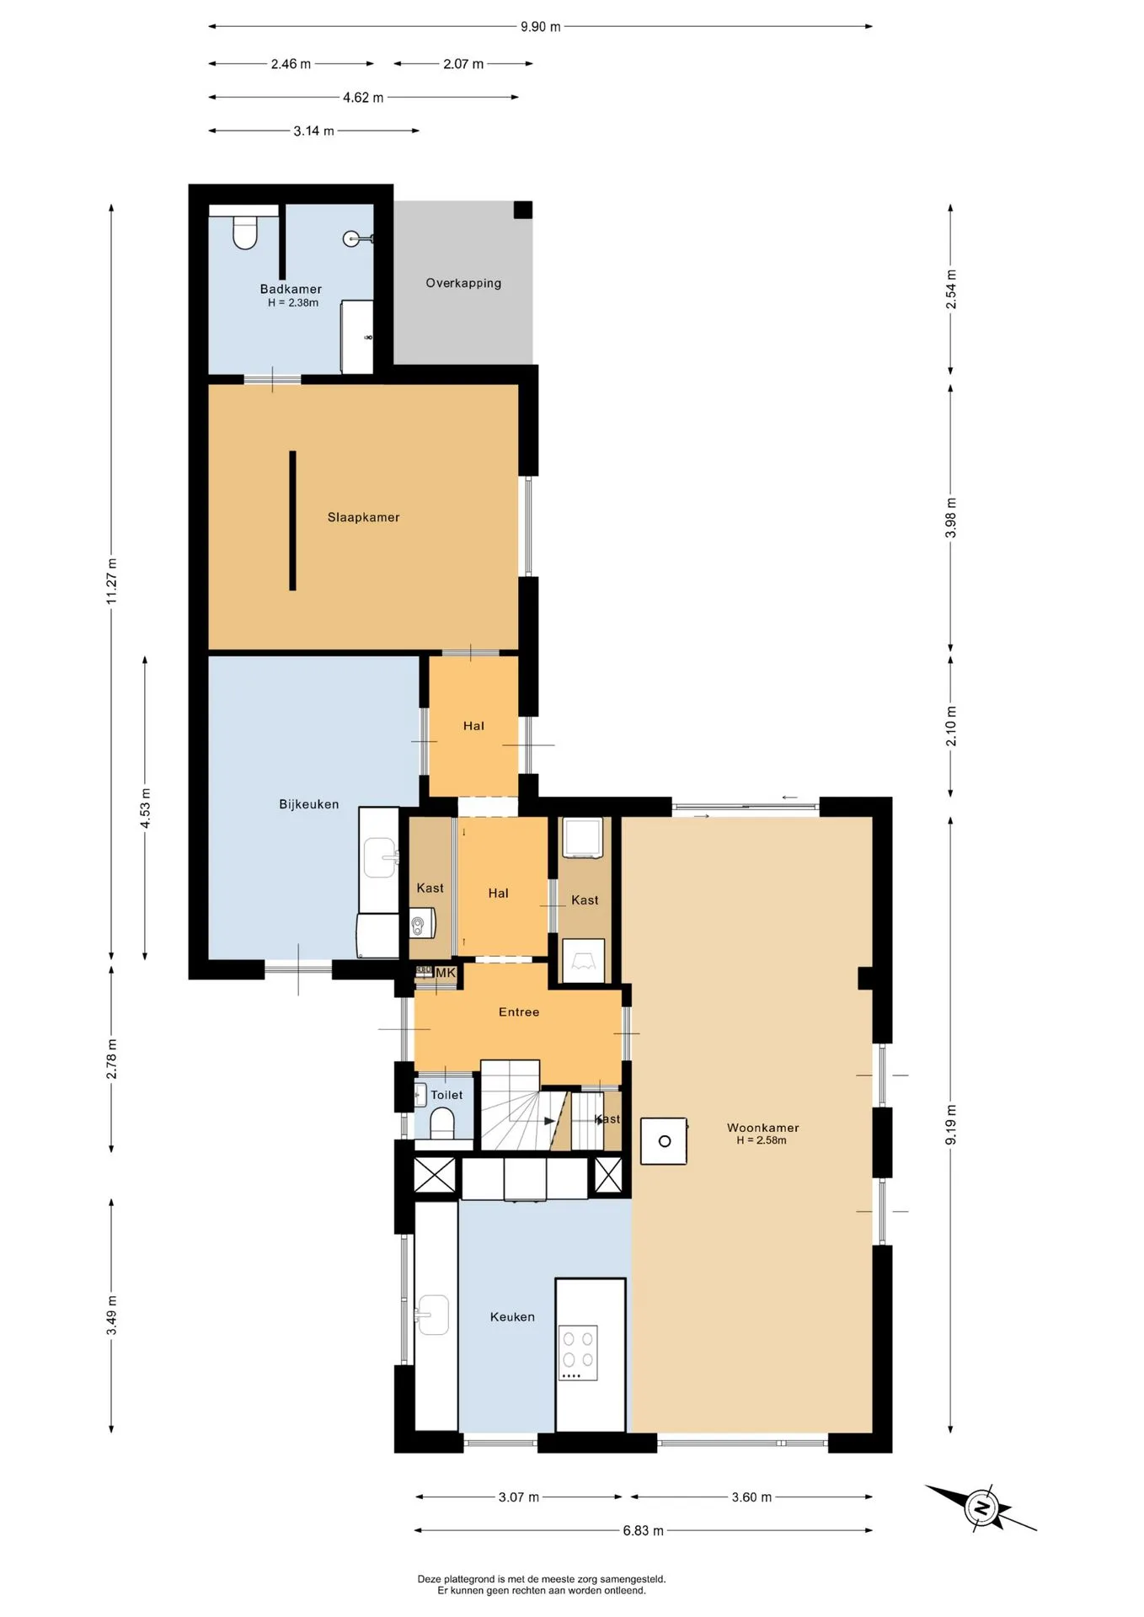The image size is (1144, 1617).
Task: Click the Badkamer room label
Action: click(291, 289)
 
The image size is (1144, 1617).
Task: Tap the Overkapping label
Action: click(463, 283)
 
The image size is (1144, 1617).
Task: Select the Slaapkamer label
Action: click(363, 517)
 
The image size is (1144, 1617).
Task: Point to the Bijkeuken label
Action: click(309, 804)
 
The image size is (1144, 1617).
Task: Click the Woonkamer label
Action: click(763, 1128)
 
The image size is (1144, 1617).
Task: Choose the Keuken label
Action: click(512, 1316)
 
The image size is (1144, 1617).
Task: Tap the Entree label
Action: click(519, 1011)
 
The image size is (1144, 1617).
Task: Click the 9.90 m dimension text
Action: click(540, 27)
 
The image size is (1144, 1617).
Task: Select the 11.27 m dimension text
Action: click(111, 581)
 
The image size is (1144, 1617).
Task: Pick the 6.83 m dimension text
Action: click(644, 1530)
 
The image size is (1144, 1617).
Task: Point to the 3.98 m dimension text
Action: click(951, 518)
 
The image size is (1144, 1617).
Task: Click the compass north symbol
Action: click(981, 1508)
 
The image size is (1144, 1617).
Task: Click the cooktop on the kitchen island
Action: click(579, 1353)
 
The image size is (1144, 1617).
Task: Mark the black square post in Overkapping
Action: click(523, 210)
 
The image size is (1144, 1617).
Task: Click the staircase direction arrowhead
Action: click(550, 1121)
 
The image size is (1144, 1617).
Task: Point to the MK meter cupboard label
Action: click(446, 973)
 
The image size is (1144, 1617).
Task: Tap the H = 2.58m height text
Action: click(762, 1140)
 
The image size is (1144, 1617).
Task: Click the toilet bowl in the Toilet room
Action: click(442, 1123)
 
